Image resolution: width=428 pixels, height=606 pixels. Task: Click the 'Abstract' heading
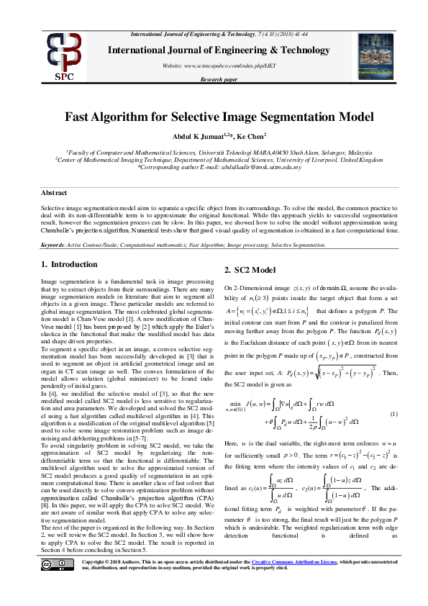point(54,194)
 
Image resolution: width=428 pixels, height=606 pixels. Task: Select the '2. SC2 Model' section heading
point(250,270)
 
